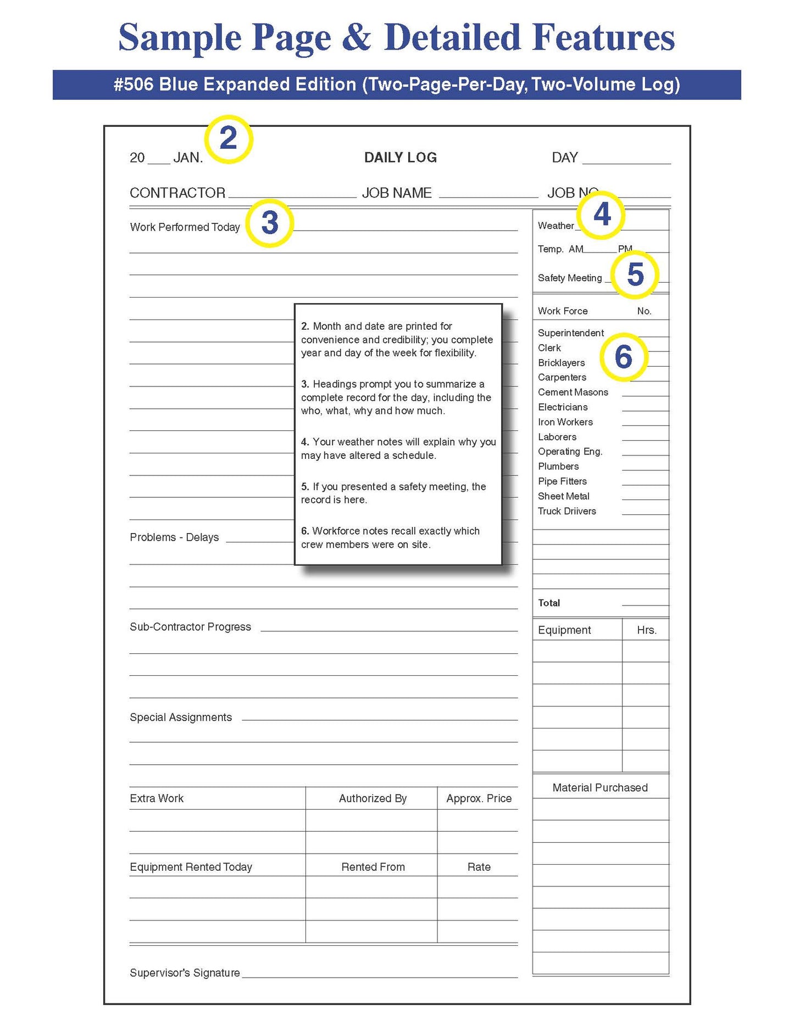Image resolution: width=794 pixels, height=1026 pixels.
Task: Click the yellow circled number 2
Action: tap(228, 139)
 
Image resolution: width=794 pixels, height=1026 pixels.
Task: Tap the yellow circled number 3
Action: tap(269, 223)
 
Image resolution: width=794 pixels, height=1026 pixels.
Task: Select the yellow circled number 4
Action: tap(602, 214)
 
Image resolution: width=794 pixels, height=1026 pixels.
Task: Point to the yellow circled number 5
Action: tap(635, 274)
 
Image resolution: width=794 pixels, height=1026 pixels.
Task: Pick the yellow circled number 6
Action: tap(624, 357)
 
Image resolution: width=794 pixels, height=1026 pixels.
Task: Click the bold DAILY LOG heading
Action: tap(400, 158)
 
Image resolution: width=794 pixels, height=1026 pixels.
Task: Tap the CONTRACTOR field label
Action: tap(177, 193)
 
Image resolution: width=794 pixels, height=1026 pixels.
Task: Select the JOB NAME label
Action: tap(397, 193)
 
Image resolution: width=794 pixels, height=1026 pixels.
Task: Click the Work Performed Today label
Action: tap(185, 227)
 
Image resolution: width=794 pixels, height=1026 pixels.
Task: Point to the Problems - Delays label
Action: tap(174, 537)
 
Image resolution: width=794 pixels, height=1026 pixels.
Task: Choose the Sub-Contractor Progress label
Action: tap(190, 627)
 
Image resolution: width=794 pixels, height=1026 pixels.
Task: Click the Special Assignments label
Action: tap(181, 717)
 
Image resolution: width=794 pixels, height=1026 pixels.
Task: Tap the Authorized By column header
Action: tap(373, 799)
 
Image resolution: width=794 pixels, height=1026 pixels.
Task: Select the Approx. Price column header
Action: tap(479, 799)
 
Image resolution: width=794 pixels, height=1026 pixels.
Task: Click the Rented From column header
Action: tap(373, 867)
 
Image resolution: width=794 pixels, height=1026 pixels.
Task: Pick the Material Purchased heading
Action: tap(600, 788)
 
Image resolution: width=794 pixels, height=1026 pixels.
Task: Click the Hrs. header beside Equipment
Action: tap(647, 630)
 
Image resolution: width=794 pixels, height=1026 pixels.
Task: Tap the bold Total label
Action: tap(549, 603)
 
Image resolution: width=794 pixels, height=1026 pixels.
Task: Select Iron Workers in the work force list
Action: tap(565, 422)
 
